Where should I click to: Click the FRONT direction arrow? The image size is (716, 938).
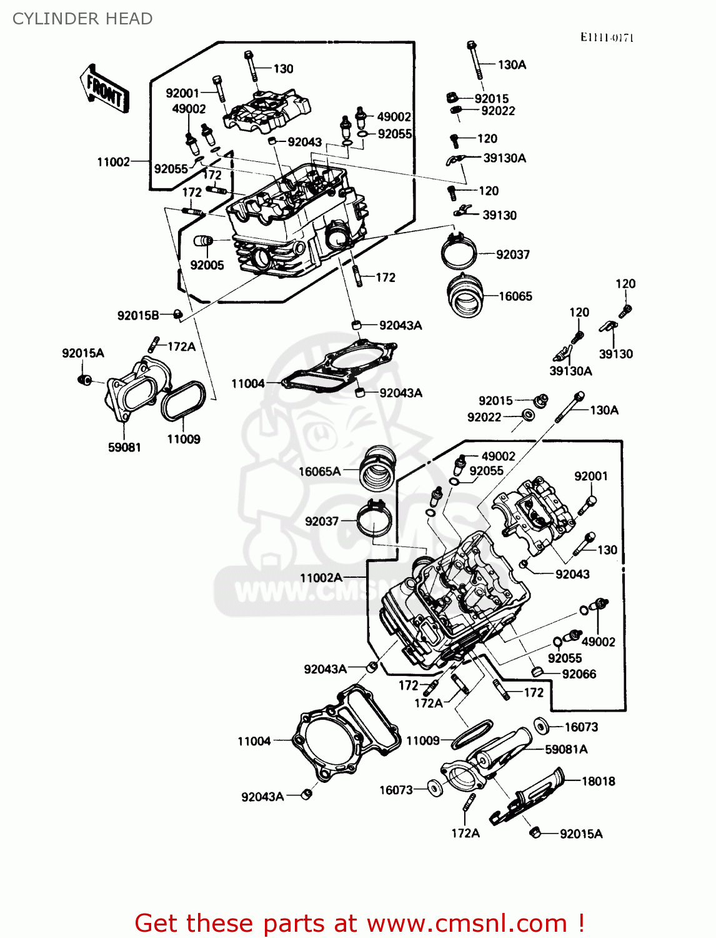104,89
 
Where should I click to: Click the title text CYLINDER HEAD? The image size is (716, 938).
82,19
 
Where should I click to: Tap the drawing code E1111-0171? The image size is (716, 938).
606,38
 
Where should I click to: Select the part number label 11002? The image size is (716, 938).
113,162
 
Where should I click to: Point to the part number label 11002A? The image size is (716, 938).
321,578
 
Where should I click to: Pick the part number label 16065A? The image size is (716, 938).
319,472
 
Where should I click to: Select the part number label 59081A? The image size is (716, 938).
566,749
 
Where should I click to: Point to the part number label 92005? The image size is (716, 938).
207,265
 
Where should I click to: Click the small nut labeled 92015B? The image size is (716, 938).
177,314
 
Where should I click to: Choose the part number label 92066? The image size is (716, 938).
579,674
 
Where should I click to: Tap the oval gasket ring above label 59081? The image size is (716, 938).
184,401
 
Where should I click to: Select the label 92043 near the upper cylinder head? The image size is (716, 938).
304,142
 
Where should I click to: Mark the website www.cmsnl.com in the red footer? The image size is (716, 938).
467,923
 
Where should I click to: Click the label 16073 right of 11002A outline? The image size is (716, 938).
581,727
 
